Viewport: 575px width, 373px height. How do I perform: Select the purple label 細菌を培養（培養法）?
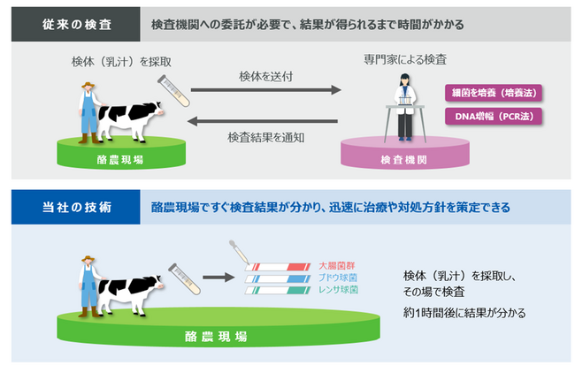pos(494,92)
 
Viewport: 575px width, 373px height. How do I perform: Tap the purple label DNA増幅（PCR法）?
pos(494,116)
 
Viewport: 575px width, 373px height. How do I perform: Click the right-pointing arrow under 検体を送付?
pos(266,90)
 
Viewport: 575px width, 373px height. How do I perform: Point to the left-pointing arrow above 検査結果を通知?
pos(266,121)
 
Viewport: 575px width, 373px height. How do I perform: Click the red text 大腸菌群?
pos(337,265)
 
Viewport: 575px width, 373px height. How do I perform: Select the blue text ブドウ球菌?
pos(337,278)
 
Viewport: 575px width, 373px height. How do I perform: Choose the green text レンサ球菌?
pos(337,290)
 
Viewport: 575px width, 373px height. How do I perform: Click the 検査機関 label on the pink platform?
pos(403,161)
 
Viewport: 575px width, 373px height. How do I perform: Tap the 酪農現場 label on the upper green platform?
pos(120,161)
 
